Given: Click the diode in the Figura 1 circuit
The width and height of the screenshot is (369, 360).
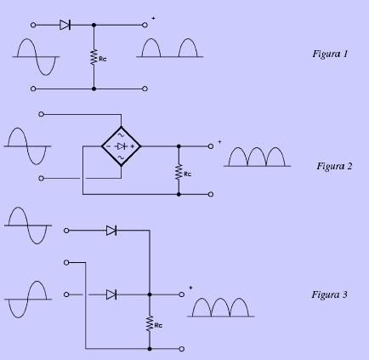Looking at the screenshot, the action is pyautogui.click(x=65, y=25).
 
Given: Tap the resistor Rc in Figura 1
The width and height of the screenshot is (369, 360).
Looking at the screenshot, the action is pyautogui.click(x=94, y=58).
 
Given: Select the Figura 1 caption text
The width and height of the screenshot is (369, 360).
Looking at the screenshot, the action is pyautogui.click(x=330, y=54).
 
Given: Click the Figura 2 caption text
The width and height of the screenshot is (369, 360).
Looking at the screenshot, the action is pyautogui.click(x=334, y=166).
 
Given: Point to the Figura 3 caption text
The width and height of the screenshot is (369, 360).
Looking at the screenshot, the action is pyautogui.click(x=329, y=294).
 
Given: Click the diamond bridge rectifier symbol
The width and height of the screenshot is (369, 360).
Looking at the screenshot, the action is pyautogui.click(x=121, y=146).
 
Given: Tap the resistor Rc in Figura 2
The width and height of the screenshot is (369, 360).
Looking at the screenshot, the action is pyautogui.click(x=179, y=172).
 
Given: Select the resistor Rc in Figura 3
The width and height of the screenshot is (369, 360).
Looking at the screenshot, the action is pyautogui.click(x=150, y=323).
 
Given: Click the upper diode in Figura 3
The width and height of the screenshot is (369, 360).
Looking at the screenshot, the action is pyautogui.click(x=111, y=231).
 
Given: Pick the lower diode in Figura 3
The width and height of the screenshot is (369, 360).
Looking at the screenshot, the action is pyautogui.click(x=111, y=294).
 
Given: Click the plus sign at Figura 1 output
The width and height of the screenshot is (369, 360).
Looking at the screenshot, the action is pyautogui.click(x=153, y=18).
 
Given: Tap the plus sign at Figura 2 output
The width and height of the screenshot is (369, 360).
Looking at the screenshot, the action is pyautogui.click(x=219, y=141).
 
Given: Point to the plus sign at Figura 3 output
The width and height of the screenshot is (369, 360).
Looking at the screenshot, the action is pyautogui.click(x=190, y=288).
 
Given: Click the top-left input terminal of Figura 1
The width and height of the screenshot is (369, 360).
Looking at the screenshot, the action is pyautogui.click(x=33, y=25).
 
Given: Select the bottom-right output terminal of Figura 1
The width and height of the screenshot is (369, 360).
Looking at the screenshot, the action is pyautogui.click(x=145, y=89).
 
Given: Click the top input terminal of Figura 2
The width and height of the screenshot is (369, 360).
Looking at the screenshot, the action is pyautogui.click(x=41, y=114).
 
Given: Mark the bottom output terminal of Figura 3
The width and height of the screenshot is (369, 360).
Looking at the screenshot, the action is pyautogui.click(x=182, y=349).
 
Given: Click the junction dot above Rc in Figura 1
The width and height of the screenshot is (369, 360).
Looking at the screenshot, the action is pyautogui.click(x=94, y=25).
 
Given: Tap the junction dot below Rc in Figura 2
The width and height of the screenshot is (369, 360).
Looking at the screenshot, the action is pyautogui.click(x=179, y=194).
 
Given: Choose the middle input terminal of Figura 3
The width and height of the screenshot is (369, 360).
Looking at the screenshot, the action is pyautogui.click(x=66, y=262).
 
